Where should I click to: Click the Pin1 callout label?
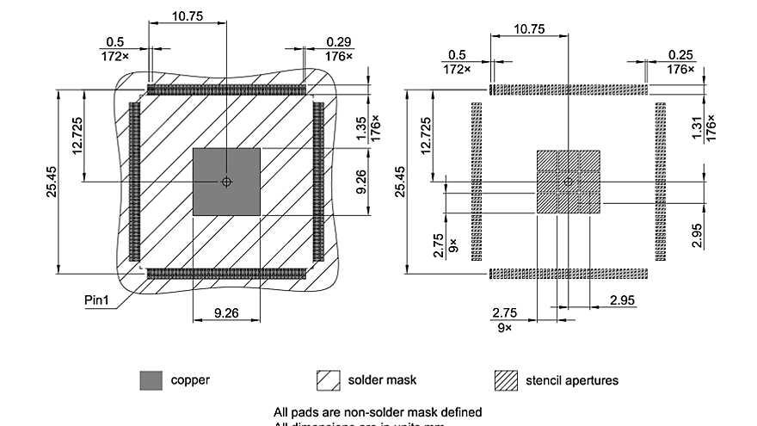97,299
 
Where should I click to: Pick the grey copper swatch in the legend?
151,380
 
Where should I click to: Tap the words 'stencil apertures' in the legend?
572,380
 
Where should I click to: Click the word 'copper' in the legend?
189,380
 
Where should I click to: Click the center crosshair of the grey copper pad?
226,182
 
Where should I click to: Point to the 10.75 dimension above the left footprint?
188,15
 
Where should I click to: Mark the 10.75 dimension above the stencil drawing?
529,28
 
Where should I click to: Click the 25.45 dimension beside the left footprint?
51,181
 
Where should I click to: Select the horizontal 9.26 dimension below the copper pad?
225,313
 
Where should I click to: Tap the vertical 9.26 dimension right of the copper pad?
361,181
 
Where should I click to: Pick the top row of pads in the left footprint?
226,89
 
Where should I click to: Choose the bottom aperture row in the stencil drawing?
569,274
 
